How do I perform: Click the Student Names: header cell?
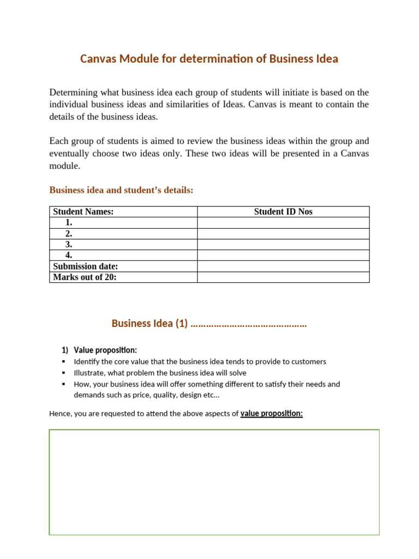83,212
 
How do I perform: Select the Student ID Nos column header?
283,212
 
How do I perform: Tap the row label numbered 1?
69,223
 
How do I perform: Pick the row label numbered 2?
69,234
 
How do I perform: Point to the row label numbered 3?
69,245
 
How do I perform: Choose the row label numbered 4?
69,255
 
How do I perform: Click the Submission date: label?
86,266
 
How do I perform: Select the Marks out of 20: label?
85,277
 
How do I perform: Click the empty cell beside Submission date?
283,266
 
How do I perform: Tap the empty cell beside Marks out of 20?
283,277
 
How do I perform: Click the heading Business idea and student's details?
121,190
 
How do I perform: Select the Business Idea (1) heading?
149,323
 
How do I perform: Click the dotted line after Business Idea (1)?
249,324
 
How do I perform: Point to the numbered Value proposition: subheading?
105,350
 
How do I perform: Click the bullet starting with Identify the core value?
200,361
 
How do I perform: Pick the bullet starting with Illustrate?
160,373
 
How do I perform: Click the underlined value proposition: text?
271,413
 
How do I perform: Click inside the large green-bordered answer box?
214,482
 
